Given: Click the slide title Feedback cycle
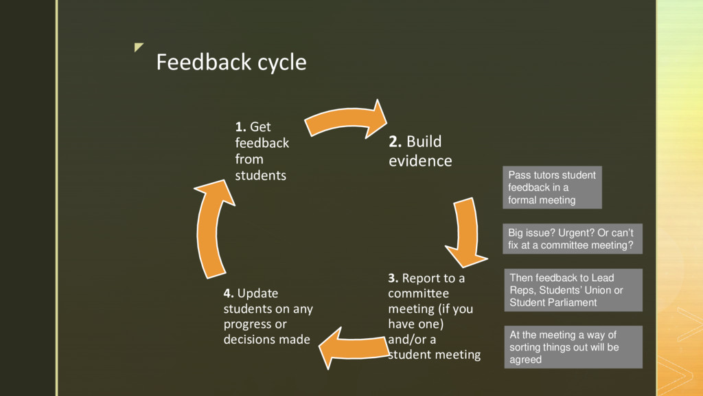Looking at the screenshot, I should [x=231, y=63].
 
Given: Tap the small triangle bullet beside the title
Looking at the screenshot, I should [x=139, y=47].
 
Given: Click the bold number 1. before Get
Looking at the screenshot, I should [x=240, y=126].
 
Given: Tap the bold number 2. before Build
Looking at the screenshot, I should [x=395, y=142].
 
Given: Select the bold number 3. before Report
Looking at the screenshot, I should [x=393, y=278].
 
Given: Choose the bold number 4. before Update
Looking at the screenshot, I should [x=229, y=294].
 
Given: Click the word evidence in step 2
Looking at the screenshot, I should [x=420, y=162].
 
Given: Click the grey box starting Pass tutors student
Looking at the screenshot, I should [x=552, y=188].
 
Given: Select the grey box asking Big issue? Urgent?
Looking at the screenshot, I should [x=573, y=238].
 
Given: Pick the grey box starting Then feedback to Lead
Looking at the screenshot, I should [x=573, y=289].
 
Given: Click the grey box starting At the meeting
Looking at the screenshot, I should [x=573, y=347].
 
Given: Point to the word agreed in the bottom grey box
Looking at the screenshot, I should [x=526, y=360].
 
